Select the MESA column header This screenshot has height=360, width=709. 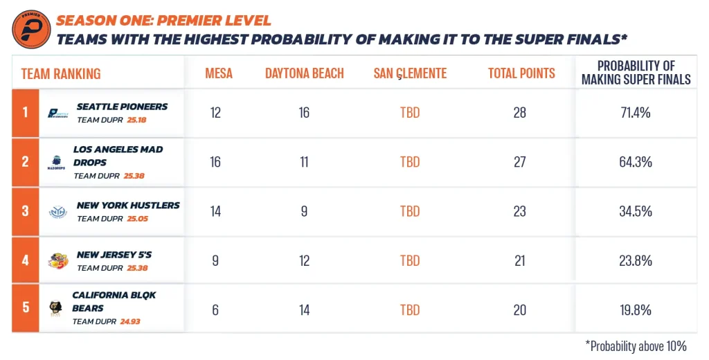pos(219,73)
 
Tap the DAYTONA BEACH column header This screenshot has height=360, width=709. pos(304,73)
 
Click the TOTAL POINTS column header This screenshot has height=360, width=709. pos(521,73)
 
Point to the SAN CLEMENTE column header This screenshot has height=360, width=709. pos(410,73)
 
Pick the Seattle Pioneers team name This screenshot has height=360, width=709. pos(122,107)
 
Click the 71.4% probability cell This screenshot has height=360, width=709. pos(636,113)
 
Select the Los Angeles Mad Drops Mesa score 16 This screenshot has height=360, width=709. pos(215,162)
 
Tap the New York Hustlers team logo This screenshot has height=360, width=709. pos(57,212)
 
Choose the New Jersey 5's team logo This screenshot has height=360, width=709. pos(58,261)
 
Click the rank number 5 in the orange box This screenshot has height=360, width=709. pos(26,307)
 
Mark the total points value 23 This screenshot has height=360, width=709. pos(520,211)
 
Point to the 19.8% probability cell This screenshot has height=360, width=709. pos(636,309)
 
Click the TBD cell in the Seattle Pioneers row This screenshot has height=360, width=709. pos(410,113)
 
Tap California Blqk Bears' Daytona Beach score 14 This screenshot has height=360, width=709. pos(304,309)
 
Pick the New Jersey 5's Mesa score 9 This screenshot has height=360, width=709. pos(215,260)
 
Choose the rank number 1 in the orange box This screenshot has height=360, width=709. pos(26,111)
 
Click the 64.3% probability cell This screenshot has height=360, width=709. pos(636,162)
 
